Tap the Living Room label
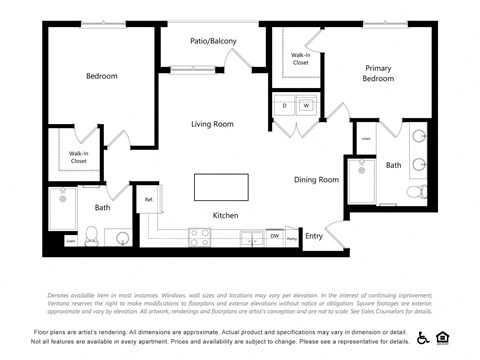pos(212,124)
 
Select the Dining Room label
pos(316,180)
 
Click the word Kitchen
pos(225,216)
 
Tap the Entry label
pos(314,236)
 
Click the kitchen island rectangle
pos(220,186)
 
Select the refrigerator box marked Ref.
pos(149,200)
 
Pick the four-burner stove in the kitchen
pos(200,237)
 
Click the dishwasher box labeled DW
pos(274,237)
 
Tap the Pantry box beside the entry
pos(291,238)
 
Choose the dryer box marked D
pos(284,104)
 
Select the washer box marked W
pos(305,104)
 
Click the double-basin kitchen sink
pos(248,238)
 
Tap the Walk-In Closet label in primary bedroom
pos(300,58)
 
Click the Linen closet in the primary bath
pos(366,139)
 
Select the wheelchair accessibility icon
pos(422,337)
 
